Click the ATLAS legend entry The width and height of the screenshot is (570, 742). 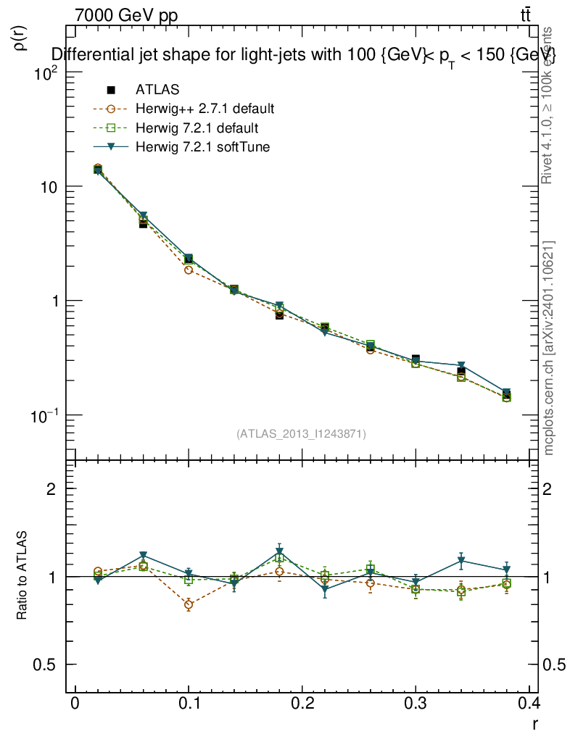click(x=157, y=90)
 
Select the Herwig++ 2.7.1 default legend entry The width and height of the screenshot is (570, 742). click(x=205, y=109)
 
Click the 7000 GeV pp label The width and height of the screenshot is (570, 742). click(x=126, y=15)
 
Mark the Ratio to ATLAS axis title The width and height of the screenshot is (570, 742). click(x=22, y=575)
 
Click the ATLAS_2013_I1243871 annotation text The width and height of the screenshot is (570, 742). click(x=301, y=434)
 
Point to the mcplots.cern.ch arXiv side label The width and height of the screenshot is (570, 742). click(x=550, y=348)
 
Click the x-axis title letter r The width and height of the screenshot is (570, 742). click(x=535, y=722)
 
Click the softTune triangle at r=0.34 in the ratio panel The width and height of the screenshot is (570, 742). click(x=460, y=560)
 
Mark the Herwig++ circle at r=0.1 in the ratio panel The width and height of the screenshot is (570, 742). click(x=189, y=604)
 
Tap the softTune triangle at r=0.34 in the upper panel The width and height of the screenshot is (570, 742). click(x=460, y=365)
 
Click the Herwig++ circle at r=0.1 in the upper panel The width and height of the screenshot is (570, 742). click(x=189, y=270)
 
